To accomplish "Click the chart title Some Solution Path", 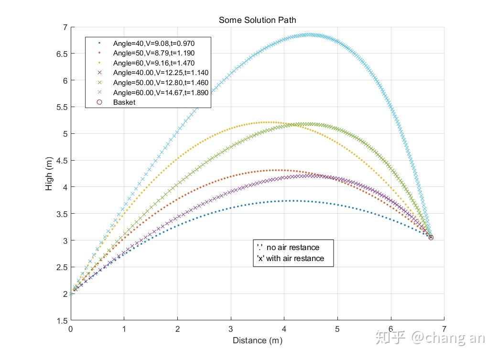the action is click(x=257, y=20).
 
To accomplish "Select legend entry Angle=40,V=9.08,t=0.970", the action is click(x=154, y=43).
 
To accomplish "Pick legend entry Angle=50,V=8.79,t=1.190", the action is click(x=154, y=53).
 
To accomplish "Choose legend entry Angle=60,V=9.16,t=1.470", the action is click(x=154, y=63).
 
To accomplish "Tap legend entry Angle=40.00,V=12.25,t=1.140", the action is click(x=161, y=73).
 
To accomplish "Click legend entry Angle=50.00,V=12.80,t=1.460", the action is click(x=161, y=83).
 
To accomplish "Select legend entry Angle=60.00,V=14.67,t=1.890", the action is click(x=161, y=92).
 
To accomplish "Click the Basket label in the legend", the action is click(x=124, y=102).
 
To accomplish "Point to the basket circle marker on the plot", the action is click(x=431, y=237).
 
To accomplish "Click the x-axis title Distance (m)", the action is click(x=258, y=340).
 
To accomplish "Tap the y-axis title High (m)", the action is click(x=49, y=174).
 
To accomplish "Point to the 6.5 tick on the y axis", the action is click(x=62, y=54).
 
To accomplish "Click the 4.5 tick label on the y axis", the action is click(x=62, y=161).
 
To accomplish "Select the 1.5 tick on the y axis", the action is click(x=62, y=321).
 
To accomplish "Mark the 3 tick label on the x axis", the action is click(x=230, y=329).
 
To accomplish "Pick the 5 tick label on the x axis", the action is click(x=337, y=329).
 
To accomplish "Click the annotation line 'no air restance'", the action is click(x=288, y=247).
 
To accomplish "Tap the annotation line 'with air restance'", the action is click(x=290, y=258).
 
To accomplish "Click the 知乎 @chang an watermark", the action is click(x=430, y=338).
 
